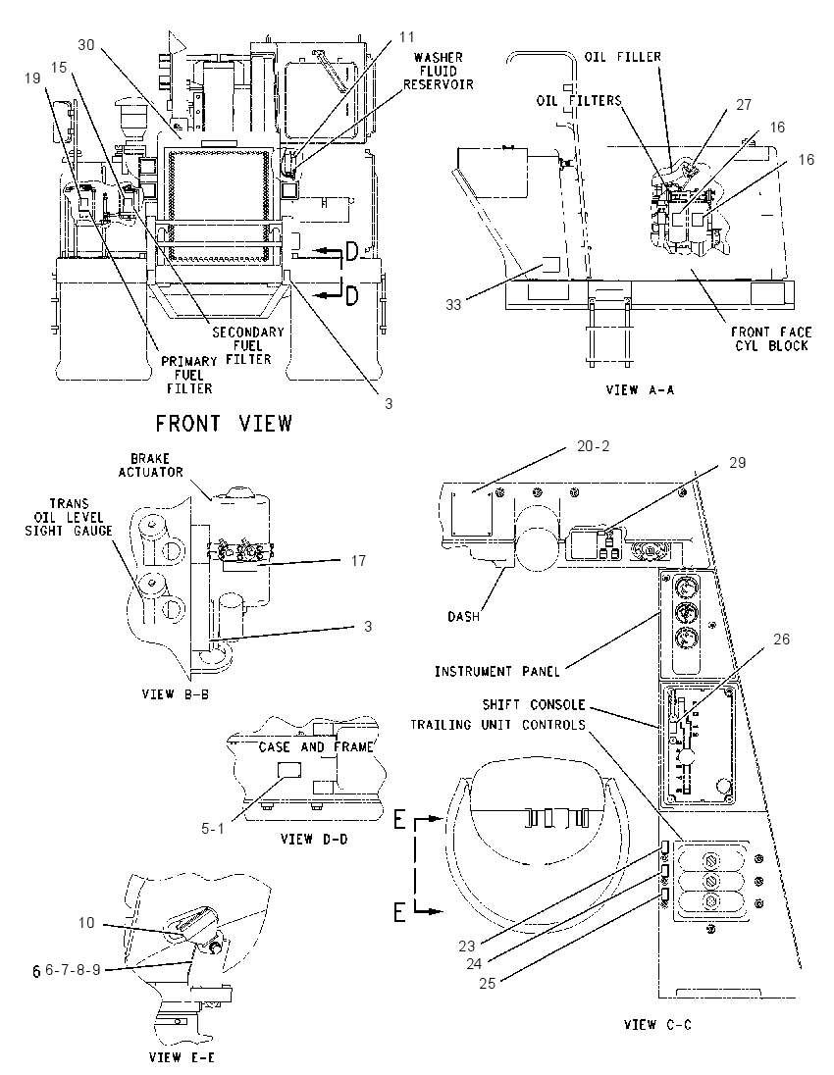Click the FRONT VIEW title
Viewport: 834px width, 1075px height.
(x=224, y=423)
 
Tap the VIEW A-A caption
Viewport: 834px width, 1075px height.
(x=640, y=389)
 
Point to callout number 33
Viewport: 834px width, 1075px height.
(x=453, y=304)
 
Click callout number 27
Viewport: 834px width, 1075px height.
(x=744, y=104)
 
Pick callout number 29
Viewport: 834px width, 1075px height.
(x=737, y=463)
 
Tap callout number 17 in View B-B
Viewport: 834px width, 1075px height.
(x=358, y=560)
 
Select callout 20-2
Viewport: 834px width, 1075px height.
(x=594, y=445)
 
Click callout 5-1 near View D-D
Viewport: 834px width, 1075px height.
(x=213, y=828)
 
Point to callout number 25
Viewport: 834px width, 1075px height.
(x=487, y=983)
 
